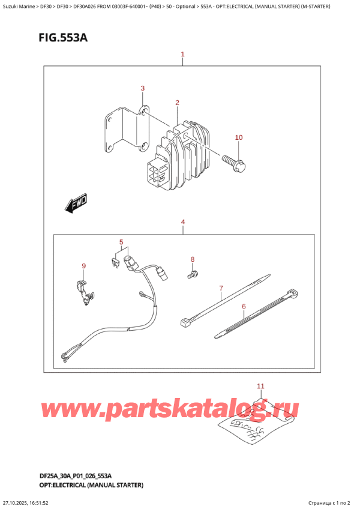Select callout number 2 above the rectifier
tap(178, 103)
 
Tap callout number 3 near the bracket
tap(143, 89)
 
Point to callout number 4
tap(183, 223)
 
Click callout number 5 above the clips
tap(121, 242)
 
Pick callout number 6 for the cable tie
tap(244, 307)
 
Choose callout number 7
tap(221, 288)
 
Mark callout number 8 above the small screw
tap(193, 259)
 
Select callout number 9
tap(84, 266)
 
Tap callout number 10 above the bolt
tap(238, 137)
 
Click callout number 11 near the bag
tap(260, 385)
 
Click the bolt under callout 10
tap(235, 160)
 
